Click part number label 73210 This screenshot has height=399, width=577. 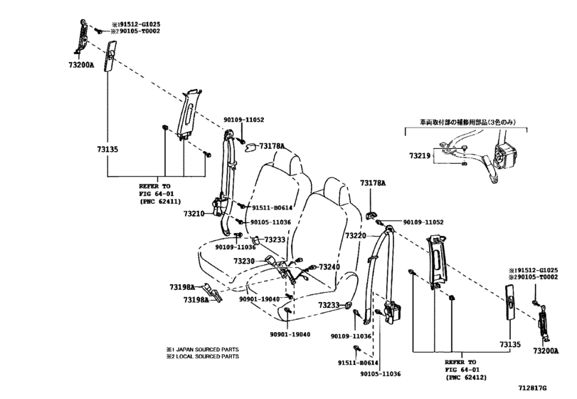tap(194, 213)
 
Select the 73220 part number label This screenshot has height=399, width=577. tap(356, 235)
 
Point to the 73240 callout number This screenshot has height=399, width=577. tap(329, 267)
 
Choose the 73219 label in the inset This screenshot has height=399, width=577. tap(420, 155)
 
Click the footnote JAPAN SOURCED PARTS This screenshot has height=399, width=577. tap(206, 349)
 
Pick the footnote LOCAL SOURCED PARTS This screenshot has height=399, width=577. tap(206, 356)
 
